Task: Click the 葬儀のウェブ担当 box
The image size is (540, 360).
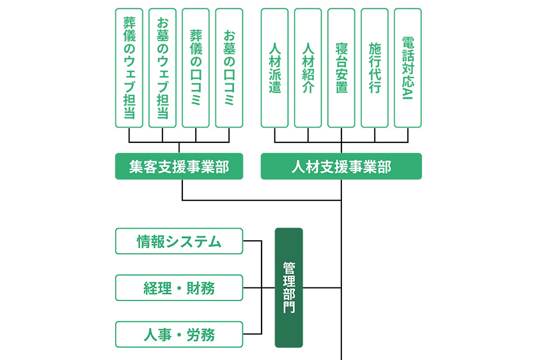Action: tap(129, 67)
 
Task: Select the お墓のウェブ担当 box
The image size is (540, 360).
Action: tap(162, 67)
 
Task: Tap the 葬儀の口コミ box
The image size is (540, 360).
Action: tap(196, 67)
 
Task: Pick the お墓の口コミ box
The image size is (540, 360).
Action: tap(229, 67)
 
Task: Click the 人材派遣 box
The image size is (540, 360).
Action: tap(274, 67)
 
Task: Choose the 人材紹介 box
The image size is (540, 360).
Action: tap(308, 67)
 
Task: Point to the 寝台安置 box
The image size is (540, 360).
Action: tap(341, 67)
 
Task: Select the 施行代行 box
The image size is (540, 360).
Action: tap(375, 67)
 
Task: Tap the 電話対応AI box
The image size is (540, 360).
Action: tap(408, 67)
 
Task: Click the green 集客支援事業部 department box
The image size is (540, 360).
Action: tap(179, 166)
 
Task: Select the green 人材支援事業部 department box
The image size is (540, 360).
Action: tap(341, 166)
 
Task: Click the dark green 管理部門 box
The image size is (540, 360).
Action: tap(289, 287)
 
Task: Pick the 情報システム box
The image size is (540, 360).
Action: tap(179, 241)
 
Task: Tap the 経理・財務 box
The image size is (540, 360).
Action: tap(179, 288)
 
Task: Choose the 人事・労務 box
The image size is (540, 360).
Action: tap(179, 335)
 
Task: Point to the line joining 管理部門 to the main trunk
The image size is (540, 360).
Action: tap(322, 288)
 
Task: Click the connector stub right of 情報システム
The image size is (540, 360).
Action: tap(253, 241)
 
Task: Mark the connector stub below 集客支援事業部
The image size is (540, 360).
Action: tap(182, 190)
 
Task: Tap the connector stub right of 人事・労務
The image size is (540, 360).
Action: tap(253, 335)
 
